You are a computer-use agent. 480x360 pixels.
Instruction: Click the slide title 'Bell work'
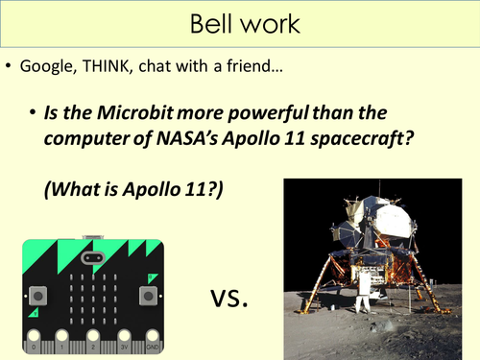239,22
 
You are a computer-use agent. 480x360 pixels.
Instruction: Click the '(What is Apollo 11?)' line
132,189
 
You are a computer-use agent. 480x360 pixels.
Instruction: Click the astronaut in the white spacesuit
362,300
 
